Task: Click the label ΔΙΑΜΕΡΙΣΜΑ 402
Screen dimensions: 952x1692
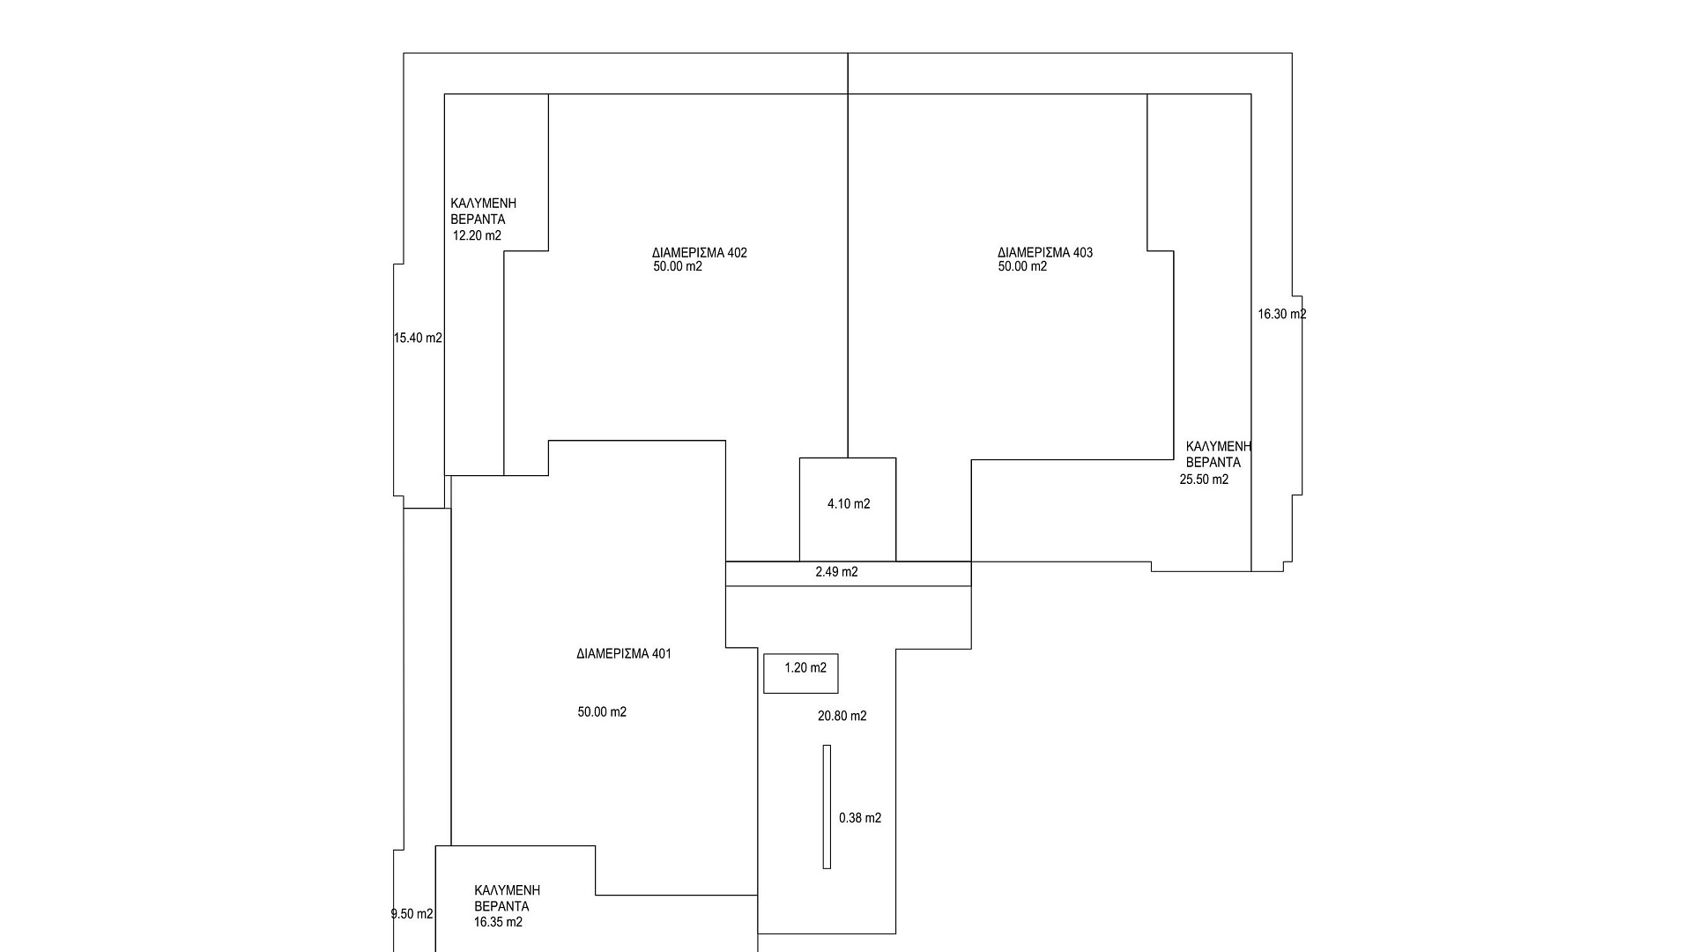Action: pos(700,253)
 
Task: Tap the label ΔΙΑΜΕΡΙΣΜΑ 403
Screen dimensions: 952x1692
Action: pos(1045,253)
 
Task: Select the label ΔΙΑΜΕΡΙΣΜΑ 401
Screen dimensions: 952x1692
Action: pos(624,654)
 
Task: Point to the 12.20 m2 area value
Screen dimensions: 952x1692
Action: pos(477,236)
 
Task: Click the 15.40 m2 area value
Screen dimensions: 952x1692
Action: pos(418,338)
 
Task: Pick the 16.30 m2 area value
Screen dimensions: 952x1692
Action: pos(1281,314)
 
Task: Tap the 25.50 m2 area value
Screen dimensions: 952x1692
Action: pos(1204,480)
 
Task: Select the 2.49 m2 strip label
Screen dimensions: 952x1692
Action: pos(836,572)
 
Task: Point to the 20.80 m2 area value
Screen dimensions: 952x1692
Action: pos(842,717)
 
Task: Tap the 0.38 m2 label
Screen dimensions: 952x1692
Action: pos(860,818)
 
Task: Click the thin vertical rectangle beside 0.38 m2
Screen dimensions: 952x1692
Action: pos(827,807)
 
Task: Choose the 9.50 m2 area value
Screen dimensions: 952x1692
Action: pos(412,914)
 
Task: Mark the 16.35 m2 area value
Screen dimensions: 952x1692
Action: pos(498,922)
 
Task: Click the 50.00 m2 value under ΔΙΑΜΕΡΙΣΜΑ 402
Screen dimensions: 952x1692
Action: pos(678,267)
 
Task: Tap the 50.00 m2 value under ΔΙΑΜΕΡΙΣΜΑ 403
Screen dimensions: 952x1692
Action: pos(1022,267)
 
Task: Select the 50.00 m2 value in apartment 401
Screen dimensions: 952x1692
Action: pos(602,712)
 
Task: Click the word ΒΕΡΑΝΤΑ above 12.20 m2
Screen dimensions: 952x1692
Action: pos(478,219)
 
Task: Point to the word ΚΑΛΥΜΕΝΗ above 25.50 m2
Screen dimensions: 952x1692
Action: pos(1219,446)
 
